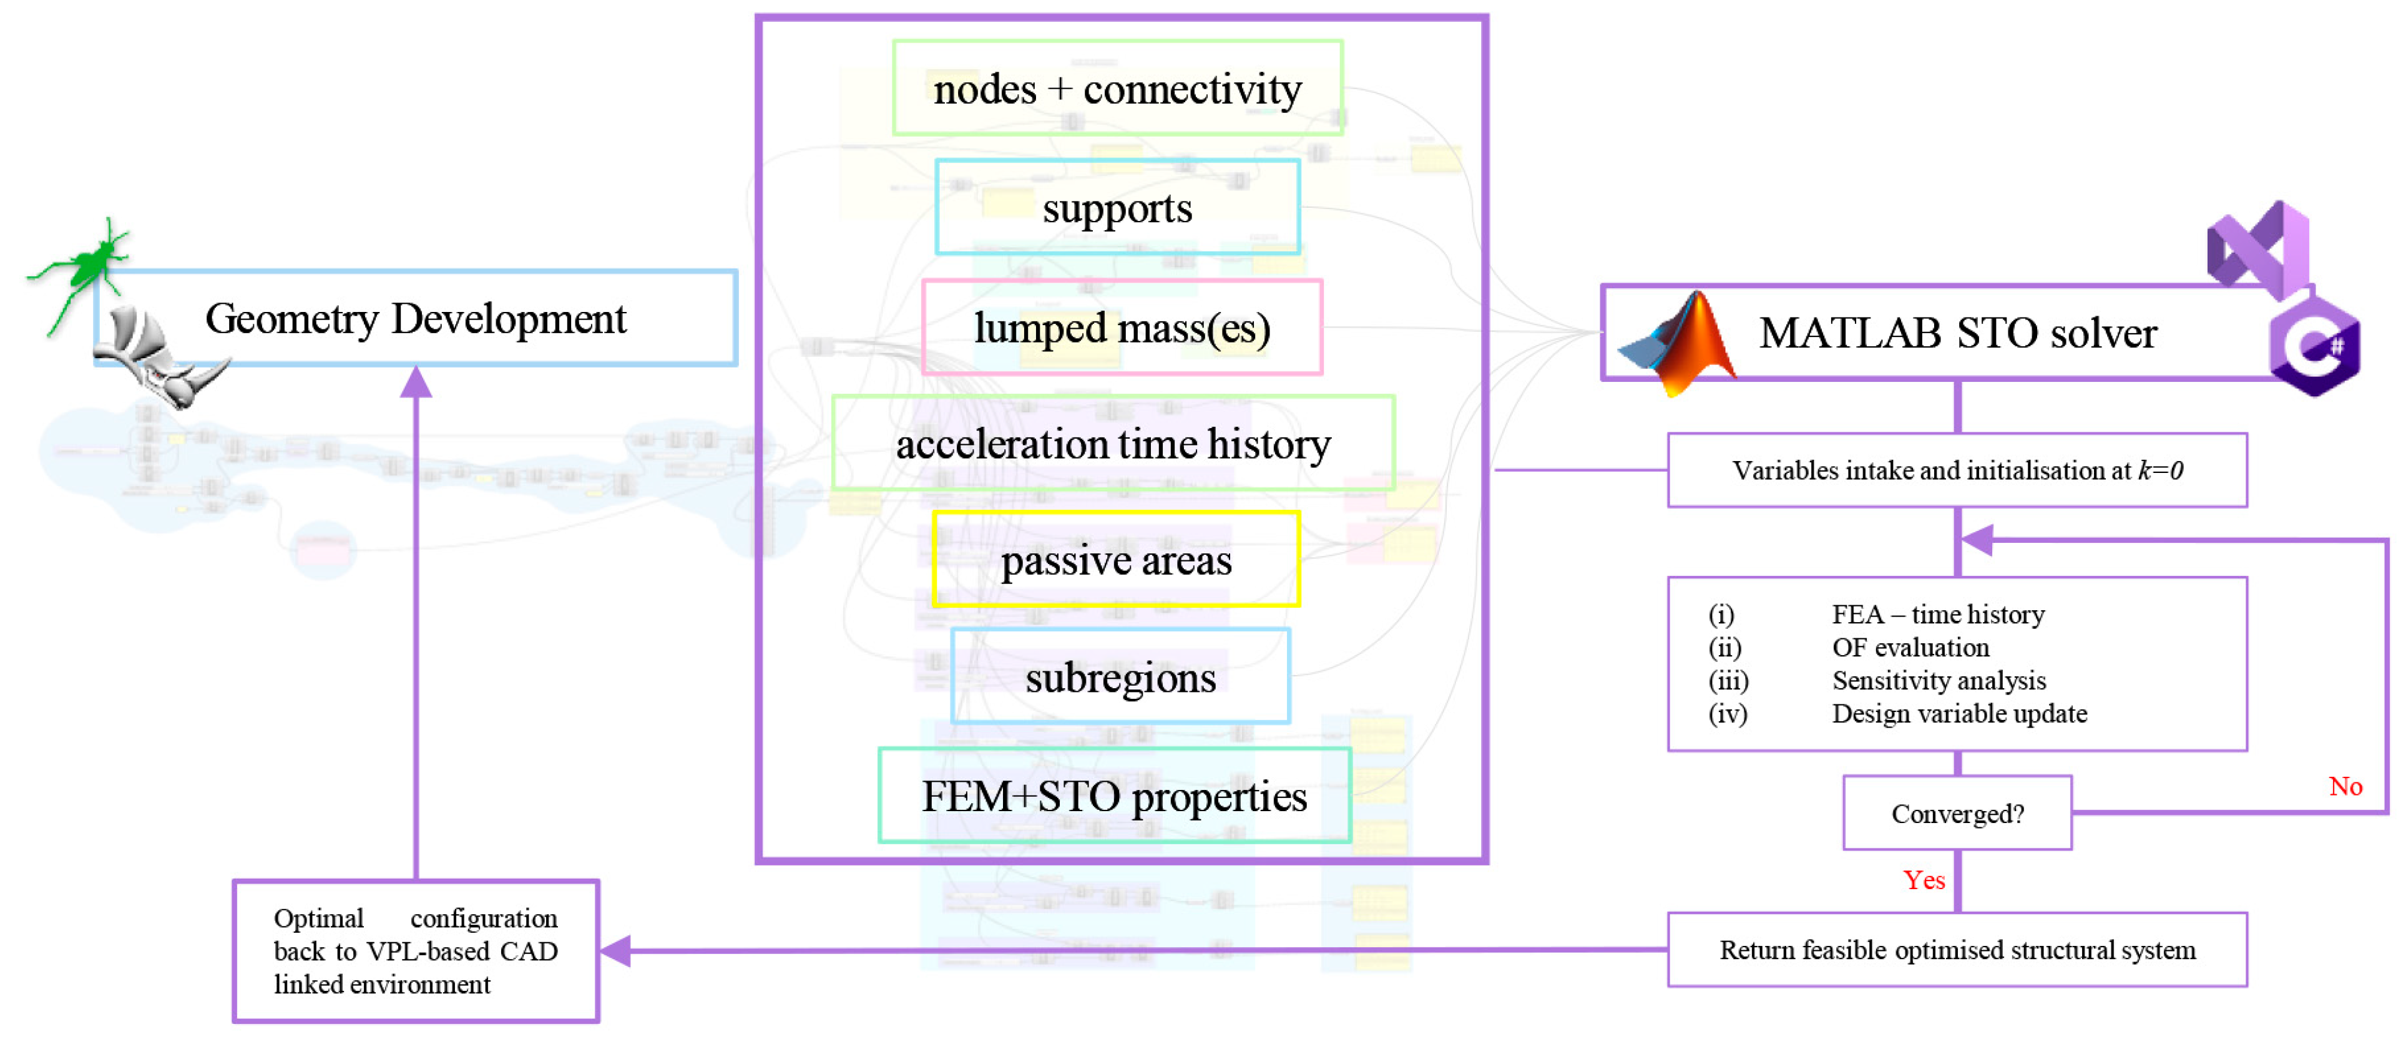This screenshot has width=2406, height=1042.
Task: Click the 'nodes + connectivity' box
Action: pyautogui.click(x=1117, y=89)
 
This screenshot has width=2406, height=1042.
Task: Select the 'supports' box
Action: pyautogui.click(x=1117, y=207)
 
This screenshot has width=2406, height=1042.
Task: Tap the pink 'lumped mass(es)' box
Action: pyautogui.click(x=1122, y=328)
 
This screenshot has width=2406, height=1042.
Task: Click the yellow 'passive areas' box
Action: pyautogui.click(x=1116, y=559)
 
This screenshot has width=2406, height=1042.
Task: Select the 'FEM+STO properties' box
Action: pyautogui.click(x=1114, y=796)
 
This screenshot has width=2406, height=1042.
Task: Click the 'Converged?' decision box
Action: pyautogui.click(x=1957, y=813)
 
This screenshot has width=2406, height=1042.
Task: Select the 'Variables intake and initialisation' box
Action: pyautogui.click(x=1957, y=470)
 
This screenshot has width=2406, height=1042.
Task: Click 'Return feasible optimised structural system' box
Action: pyautogui.click(x=1957, y=950)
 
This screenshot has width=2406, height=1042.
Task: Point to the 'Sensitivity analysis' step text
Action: pyautogui.click(x=1938, y=681)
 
